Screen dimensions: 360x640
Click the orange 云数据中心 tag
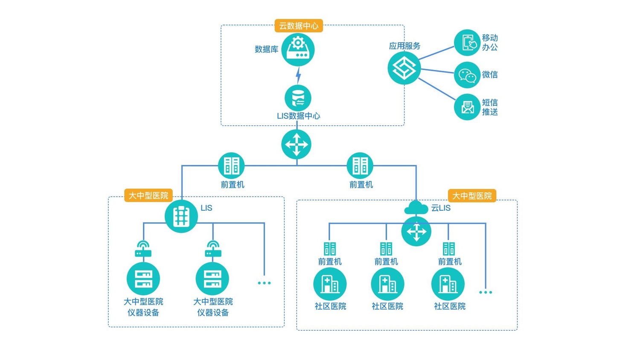point(298,26)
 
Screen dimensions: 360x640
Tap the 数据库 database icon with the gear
point(298,49)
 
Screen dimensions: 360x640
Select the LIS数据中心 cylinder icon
point(298,98)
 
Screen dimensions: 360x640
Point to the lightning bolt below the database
point(298,75)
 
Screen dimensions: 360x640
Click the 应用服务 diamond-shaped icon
point(404,68)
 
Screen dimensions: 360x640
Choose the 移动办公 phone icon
point(467,43)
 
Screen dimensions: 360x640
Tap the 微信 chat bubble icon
point(467,75)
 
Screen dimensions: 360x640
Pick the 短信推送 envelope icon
point(467,107)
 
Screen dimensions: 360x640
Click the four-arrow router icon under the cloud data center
point(297,144)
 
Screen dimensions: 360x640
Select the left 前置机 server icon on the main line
point(231,165)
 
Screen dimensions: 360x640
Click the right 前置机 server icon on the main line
point(360,165)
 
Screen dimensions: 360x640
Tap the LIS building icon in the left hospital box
point(181,216)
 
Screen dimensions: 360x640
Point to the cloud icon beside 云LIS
point(416,208)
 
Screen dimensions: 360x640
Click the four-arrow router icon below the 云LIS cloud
point(416,232)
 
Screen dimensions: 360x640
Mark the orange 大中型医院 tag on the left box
point(148,195)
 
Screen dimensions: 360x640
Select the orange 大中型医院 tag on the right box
point(472,196)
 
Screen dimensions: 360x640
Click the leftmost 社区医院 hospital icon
point(329,284)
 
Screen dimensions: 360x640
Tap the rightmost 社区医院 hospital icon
point(448,284)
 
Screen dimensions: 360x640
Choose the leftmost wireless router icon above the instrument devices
point(143,249)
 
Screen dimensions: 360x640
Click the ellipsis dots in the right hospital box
point(486,292)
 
